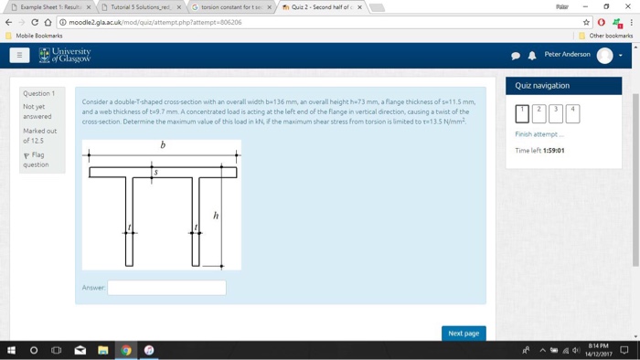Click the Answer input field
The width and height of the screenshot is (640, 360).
tap(166, 287)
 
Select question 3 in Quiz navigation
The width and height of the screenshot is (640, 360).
tap(556, 113)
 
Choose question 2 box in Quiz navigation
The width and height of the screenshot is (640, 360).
tap(539, 113)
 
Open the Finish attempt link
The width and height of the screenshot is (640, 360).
tap(539, 134)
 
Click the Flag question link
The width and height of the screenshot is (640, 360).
tap(37, 160)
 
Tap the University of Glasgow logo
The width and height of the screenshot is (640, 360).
tap(65, 56)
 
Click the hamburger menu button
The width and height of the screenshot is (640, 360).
tap(19, 55)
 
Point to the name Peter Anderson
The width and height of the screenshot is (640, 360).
tap(567, 55)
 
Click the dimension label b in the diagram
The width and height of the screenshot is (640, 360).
tap(163, 144)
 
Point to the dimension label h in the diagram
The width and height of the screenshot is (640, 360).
tap(216, 216)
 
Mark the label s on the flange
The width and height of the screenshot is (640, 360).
tap(155, 172)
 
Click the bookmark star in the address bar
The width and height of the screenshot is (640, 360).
tap(586, 22)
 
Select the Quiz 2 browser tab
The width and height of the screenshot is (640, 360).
tap(320, 7)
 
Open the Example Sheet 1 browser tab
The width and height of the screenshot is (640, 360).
tap(50, 7)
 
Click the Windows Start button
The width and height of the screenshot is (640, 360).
tap(11, 350)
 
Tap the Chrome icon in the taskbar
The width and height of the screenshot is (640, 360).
tap(126, 350)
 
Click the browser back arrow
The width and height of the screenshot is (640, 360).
tap(9, 22)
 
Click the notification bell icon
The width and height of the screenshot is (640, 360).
tap(532, 56)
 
